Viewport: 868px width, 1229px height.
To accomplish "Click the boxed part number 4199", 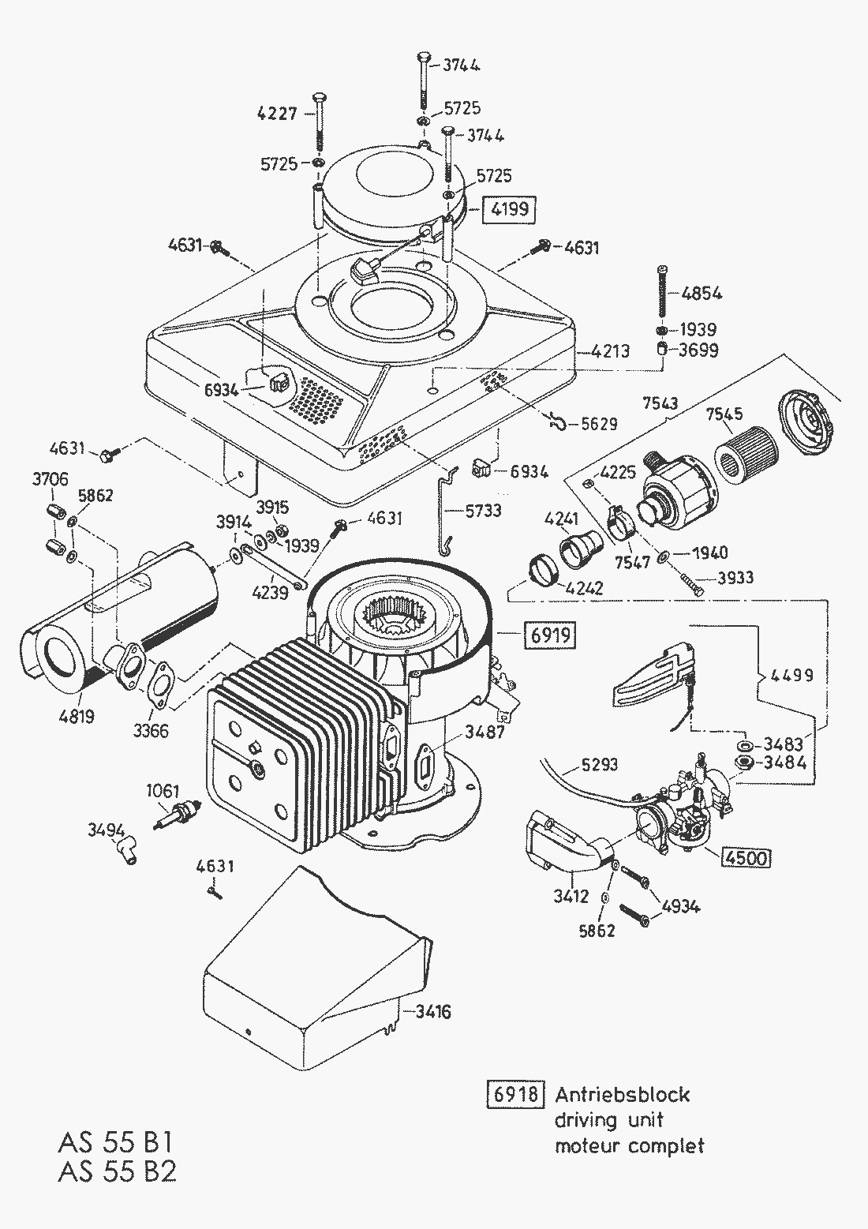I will pyautogui.click(x=509, y=210).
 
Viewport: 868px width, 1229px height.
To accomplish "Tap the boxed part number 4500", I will pyautogui.click(x=746, y=856).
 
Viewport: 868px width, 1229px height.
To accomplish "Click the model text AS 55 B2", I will pyautogui.click(x=117, y=1172).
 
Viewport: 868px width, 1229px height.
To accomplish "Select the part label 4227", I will pyautogui.click(x=277, y=114).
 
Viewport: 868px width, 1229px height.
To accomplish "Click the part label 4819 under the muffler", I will pyautogui.click(x=76, y=717).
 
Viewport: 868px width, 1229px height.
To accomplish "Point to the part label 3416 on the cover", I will pyautogui.click(x=431, y=1011).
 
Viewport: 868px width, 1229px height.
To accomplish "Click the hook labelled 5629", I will pyautogui.click(x=559, y=424).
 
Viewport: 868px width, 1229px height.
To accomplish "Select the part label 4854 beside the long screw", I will pyautogui.click(x=702, y=293).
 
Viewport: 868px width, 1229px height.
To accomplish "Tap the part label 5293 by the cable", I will pyautogui.click(x=599, y=764).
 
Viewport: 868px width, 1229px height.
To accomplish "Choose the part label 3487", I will pyautogui.click(x=484, y=732).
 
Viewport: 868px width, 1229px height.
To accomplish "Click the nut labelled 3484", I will pyautogui.click(x=743, y=763).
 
